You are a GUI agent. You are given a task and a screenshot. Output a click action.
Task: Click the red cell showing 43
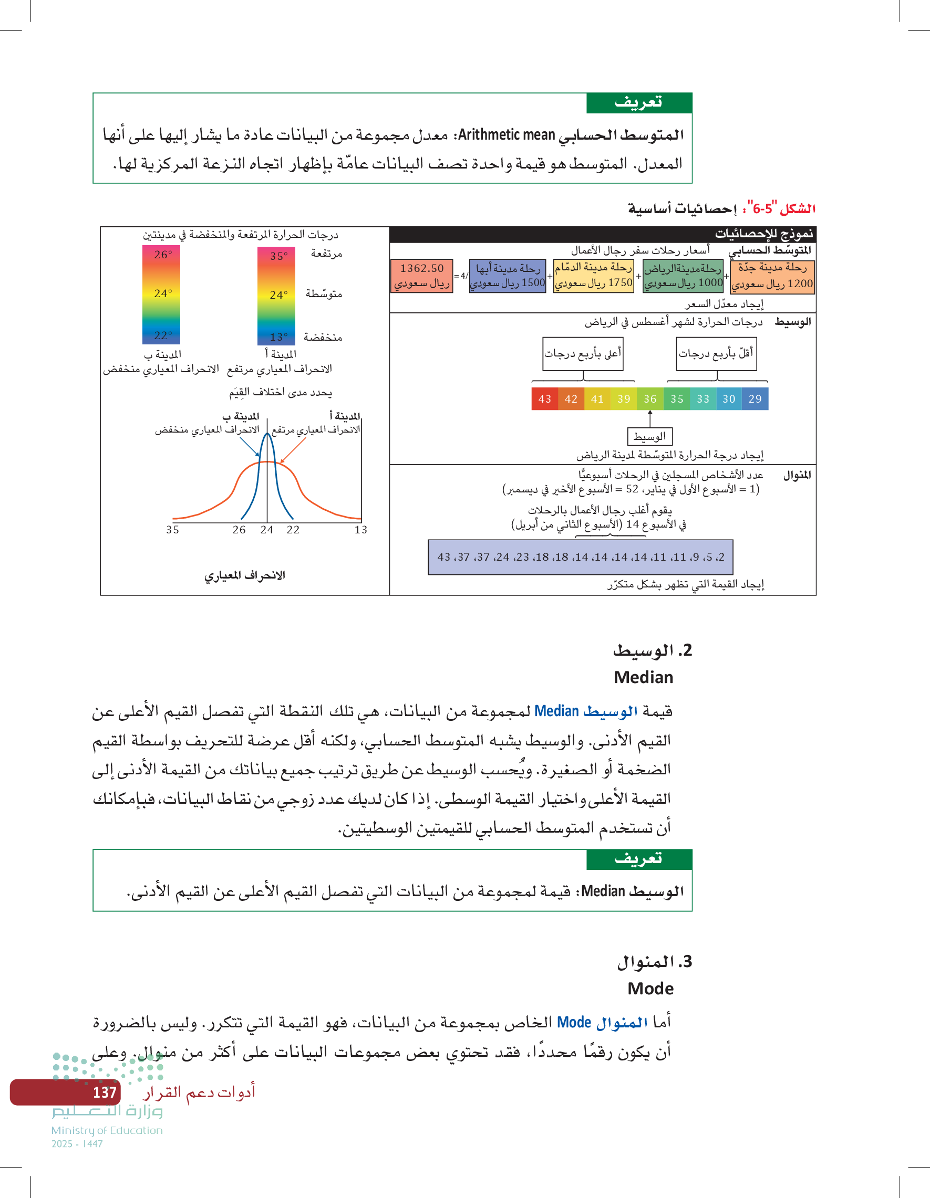pyautogui.click(x=545, y=399)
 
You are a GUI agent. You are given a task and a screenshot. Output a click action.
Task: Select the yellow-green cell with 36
pyautogui.click(x=650, y=399)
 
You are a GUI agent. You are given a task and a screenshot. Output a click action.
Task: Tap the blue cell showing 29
pyautogui.click(x=755, y=399)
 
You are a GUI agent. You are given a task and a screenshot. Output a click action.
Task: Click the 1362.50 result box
pyautogui.click(x=421, y=276)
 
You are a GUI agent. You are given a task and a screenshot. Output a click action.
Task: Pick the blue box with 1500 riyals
pyautogui.click(x=507, y=276)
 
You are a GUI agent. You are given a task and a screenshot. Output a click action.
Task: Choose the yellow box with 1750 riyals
pyautogui.click(x=593, y=276)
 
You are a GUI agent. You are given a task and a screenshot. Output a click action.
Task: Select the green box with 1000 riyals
pyautogui.click(x=683, y=276)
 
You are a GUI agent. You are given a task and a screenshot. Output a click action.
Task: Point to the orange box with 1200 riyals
pyautogui.click(x=772, y=276)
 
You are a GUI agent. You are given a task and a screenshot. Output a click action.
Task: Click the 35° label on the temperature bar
pyautogui.click(x=278, y=256)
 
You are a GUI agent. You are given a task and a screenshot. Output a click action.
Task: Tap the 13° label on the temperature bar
pyautogui.click(x=278, y=337)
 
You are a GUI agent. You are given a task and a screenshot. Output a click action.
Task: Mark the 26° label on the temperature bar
pyautogui.click(x=162, y=255)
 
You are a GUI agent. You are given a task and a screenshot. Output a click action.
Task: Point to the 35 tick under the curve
pyautogui.click(x=172, y=530)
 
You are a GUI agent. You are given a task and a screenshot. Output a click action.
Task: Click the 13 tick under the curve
pyautogui.click(x=360, y=530)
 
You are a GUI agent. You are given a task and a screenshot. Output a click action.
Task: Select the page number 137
pyautogui.click(x=105, y=1092)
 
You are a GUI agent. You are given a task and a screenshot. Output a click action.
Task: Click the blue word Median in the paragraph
pyautogui.click(x=556, y=711)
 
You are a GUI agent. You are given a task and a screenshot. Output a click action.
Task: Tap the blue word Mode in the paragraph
pyautogui.click(x=574, y=1023)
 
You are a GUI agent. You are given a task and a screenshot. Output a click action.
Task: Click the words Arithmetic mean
pyautogui.click(x=506, y=135)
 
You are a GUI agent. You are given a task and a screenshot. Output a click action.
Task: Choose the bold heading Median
pyautogui.click(x=644, y=677)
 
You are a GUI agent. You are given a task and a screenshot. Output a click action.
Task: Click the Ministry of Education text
pyautogui.click(x=107, y=1130)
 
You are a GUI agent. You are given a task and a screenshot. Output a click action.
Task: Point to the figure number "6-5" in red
pyautogui.click(x=762, y=209)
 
